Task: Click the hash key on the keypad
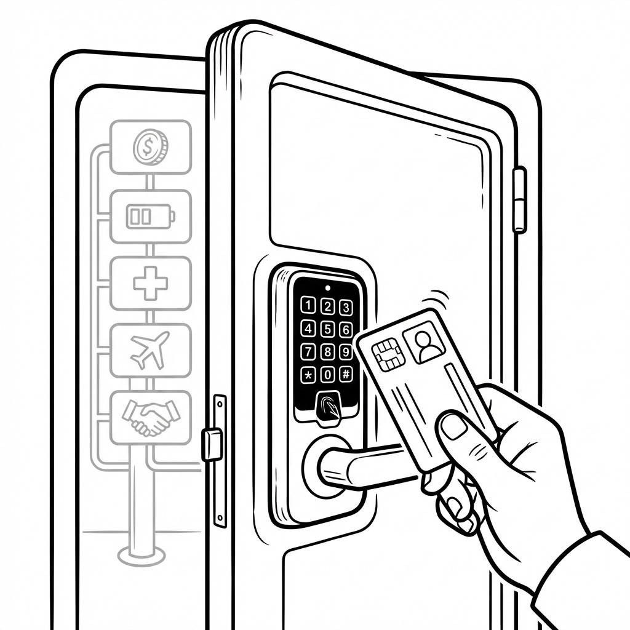point(346,374)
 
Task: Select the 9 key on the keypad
point(346,352)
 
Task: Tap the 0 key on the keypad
point(328,375)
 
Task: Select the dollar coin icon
point(151,147)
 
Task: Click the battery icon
point(151,217)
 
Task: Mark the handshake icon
point(151,417)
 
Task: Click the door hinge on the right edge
point(520,200)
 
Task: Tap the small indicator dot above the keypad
point(328,287)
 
